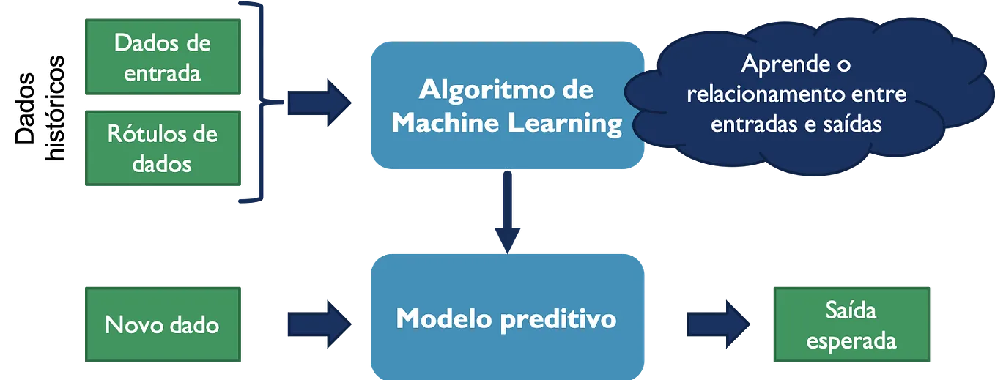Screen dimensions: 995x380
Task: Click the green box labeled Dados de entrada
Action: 163,57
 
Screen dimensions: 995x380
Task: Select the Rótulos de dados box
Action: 163,148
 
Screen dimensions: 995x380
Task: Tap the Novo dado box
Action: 163,324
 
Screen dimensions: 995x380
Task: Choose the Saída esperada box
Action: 851,324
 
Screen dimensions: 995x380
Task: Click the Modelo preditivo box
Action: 507,317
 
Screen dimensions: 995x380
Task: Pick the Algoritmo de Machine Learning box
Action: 507,105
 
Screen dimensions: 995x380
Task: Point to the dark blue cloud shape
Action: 808,95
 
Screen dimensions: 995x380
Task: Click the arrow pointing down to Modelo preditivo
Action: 507,212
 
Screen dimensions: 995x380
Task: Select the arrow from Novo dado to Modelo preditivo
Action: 319,324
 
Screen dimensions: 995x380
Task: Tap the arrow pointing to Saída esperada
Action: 718,324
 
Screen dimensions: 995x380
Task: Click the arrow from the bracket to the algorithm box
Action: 319,103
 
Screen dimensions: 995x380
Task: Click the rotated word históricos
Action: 55,108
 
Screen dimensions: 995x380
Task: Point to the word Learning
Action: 565,123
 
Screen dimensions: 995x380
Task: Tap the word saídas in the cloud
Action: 852,124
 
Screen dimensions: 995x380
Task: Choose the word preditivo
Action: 558,320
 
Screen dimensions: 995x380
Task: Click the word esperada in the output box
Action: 851,341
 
